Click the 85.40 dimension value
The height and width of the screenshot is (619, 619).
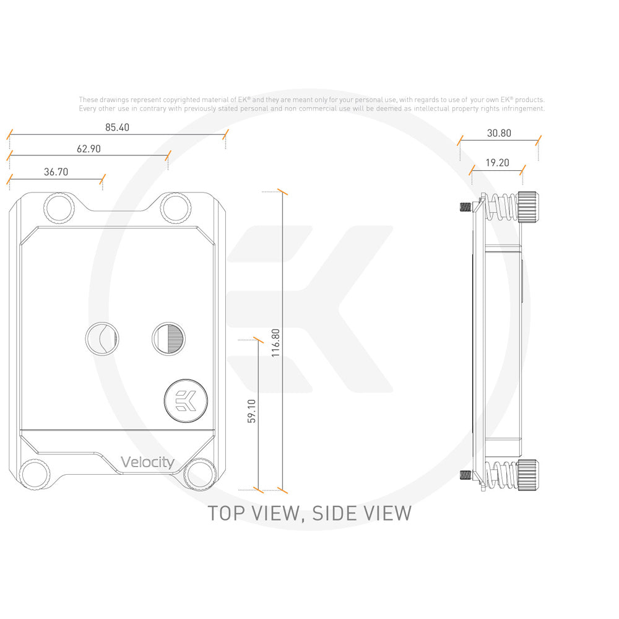click(118, 128)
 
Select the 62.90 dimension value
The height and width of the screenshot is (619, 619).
click(89, 149)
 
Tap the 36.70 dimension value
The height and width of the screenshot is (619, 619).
click(56, 172)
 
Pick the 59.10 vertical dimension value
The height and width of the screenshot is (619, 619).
click(251, 411)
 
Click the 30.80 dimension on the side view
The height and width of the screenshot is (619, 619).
click(499, 132)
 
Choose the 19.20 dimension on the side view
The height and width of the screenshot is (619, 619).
click(497, 163)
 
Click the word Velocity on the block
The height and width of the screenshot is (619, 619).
click(147, 462)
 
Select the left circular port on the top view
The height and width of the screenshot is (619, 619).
click(101, 338)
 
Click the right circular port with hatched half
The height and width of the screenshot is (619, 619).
click(168, 338)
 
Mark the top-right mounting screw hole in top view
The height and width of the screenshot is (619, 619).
click(176, 207)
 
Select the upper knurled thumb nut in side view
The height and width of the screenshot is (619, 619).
click(527, 207)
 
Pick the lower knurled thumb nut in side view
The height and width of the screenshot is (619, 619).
click(527, 475)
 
